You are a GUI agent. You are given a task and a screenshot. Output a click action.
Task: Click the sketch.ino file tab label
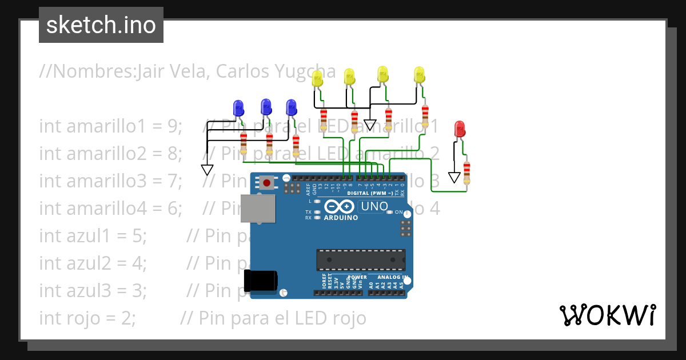point(101,25)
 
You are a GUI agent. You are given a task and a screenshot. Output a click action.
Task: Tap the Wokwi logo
point(607,315)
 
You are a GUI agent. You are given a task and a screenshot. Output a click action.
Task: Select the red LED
point(459,129)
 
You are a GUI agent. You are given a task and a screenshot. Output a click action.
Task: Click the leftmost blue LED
point(238,108)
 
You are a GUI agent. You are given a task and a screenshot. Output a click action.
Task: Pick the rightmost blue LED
point(291,107)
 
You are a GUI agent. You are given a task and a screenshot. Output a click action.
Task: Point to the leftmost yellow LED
point(317,78)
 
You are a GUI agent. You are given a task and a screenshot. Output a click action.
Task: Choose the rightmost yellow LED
point(420,75)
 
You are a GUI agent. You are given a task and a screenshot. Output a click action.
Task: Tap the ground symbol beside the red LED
point(454,178)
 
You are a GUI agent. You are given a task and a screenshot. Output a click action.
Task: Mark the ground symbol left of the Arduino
point(207,170)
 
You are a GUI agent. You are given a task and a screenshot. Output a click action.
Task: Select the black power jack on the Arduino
point(260,280)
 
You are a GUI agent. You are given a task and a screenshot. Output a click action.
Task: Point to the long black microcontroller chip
point(361,259)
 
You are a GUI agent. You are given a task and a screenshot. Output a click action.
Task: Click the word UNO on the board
point(375,206)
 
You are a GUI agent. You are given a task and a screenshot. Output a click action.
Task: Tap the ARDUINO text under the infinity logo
point(341,218)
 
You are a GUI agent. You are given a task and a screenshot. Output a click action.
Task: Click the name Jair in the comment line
point(150,73)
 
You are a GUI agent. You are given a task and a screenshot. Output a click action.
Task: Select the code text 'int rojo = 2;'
point(87,317)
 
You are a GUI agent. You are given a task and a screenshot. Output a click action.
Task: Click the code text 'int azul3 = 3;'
point(93,290)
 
